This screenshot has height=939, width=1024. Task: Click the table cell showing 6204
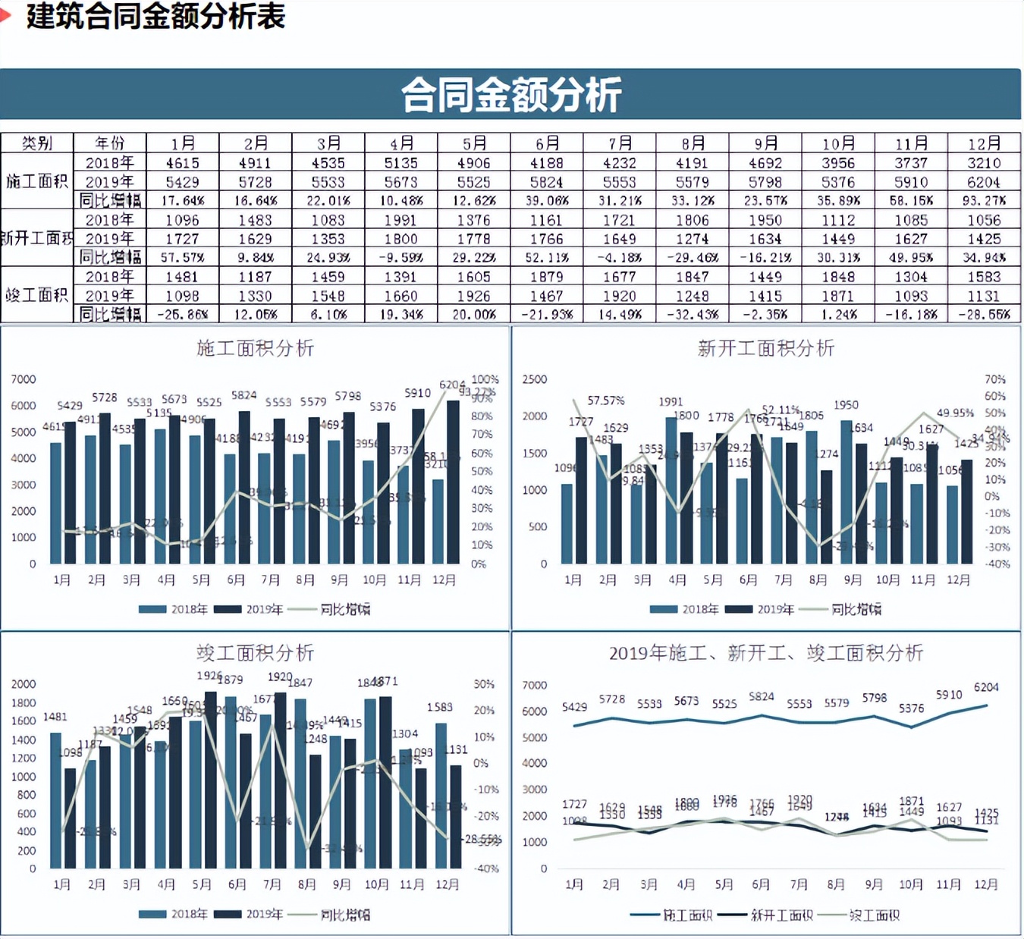pos(984,182)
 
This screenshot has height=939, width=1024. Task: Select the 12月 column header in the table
pos(984,143)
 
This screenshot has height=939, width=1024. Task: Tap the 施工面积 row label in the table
pos(36,181)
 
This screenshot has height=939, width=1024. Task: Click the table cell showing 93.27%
pos(984,201)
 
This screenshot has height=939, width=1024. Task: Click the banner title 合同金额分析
pos(510,95)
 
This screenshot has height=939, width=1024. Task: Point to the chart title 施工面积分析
pos(255,348)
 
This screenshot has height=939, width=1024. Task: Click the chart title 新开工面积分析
pos(766,348)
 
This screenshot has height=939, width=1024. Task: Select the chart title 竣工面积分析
pos(255,653)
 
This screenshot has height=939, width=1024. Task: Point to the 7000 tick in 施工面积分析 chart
pos(24,379)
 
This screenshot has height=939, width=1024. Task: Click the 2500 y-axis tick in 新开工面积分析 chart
pos(534,379)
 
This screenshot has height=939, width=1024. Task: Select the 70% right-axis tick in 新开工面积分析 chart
pos(995,379)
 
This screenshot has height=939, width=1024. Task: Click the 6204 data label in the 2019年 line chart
pos(986,687)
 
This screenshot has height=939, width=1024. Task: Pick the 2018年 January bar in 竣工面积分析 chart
pos(55,800)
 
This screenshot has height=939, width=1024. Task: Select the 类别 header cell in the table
pos(36,143)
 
